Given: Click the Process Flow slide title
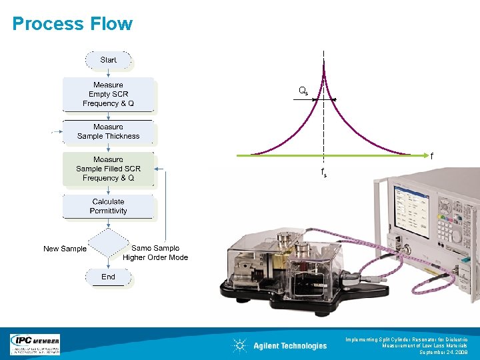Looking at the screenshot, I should pos(72,24).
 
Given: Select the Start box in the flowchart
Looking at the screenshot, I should pos(108,60).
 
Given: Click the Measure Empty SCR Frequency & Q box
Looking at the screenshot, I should pos(108,94).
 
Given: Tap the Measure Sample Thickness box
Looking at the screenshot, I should pos(109,131).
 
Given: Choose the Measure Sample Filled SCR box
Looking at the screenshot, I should pos(108,169).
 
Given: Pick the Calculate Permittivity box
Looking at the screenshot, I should pos(108,206).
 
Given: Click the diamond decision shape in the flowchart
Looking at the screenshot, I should pos(108,244).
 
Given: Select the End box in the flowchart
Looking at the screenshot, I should pos(108,277).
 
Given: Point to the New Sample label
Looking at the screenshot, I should pos(65,249).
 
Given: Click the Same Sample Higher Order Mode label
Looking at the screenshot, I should pos(155,253).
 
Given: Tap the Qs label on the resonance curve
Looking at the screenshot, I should pos(303,91).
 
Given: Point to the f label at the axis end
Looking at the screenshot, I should pos(431,157).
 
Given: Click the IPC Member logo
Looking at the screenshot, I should pos(35,344).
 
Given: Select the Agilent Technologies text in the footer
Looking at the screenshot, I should pos(290,345).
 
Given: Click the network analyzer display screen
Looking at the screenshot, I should pos(413,207).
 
